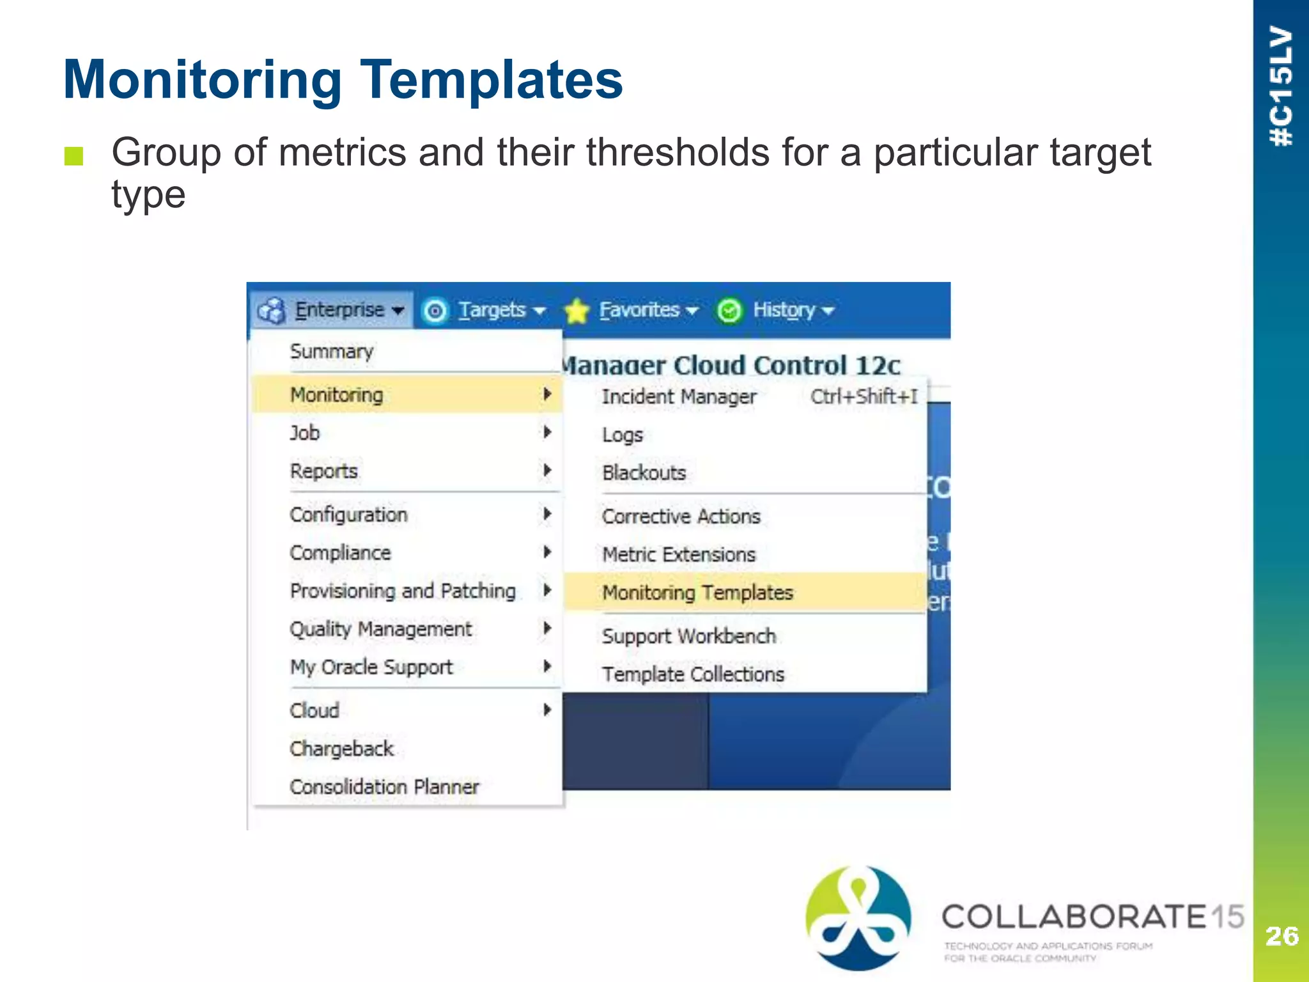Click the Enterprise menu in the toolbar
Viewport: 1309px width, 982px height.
(x=339, y=310)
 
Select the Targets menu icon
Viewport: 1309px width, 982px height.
(x=435, y=311)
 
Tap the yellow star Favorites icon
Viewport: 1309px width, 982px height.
(x=577, y=311)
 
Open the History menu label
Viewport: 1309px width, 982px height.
(x=784, y=310)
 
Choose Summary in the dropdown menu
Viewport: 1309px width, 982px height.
(x=331, y=352)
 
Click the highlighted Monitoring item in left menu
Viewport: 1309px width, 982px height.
(x=337, y=394)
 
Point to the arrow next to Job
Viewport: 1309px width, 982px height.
(x=547, y=433)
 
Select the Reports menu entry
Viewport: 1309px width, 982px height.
(x=323, y=471)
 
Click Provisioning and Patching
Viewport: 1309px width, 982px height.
(x=403, y=591)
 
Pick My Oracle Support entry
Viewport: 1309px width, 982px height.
(x=371, y=667)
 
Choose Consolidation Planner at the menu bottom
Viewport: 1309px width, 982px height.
(x=384, y=786)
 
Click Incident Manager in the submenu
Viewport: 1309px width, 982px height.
(x=679, y=396)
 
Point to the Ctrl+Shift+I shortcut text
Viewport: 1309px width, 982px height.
(x=864, y=396)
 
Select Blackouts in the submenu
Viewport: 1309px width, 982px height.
(x=644, y=472)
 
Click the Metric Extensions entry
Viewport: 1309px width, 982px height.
(x=679, y=554)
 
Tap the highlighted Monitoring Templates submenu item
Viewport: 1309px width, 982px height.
(x=697, y=593)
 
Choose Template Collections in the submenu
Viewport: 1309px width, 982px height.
(x=693, y=674)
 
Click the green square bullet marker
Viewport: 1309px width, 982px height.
(x=74, y=156)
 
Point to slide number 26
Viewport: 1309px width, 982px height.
(x=1282, y=936)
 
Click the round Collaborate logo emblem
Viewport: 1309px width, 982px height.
(x=858, y=917)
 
